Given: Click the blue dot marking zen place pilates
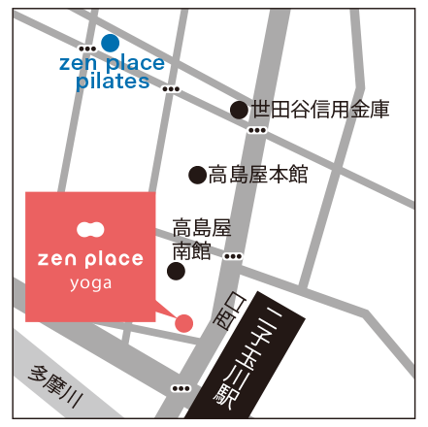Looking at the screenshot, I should [110, 43].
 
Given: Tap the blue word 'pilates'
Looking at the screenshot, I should [113, 82].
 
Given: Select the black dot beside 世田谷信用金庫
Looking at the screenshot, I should [238, 110].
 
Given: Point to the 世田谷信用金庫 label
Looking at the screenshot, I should [319, 110].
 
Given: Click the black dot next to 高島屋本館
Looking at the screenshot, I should [197, 175].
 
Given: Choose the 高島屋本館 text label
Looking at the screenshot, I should [257, 175].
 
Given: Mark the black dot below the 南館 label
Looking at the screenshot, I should [176, 271].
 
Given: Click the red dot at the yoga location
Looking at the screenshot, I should [183, 322].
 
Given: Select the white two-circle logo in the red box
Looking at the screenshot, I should [90, 231].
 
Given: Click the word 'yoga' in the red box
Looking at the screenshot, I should [90, 283].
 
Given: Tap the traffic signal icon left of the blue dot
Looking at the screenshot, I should [87, 48].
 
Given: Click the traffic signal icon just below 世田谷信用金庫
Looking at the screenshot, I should [257, 130].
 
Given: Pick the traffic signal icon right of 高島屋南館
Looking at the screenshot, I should [233, 256].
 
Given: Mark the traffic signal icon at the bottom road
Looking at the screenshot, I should [181, 388].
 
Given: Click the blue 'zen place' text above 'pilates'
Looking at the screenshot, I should [113, 63].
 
